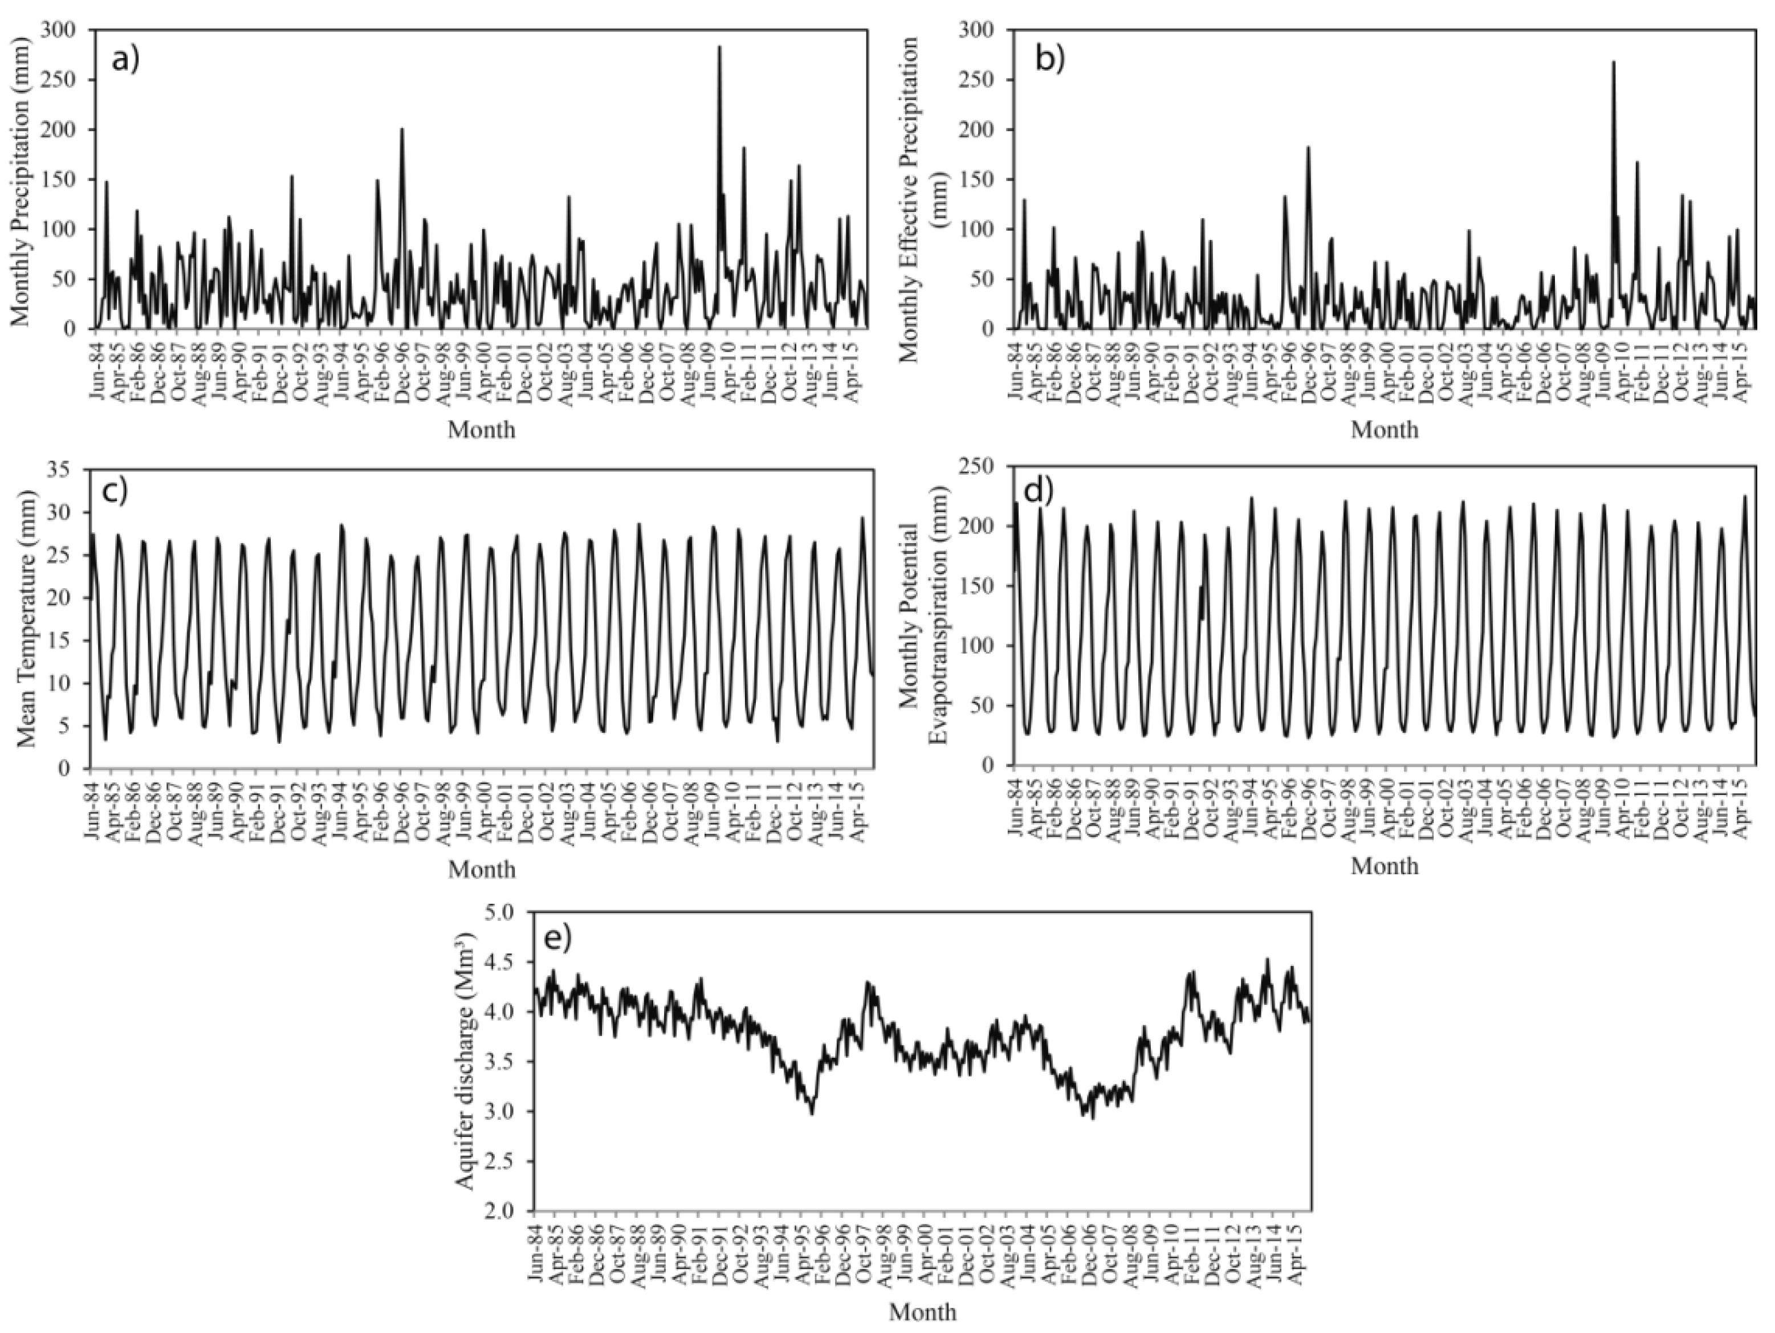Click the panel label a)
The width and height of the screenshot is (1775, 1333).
point(126,60)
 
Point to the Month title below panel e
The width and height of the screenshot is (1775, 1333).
point(923,1311)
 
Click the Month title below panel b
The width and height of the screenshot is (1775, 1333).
point(1384,430)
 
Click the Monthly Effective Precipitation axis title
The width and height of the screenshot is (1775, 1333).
point(923,181)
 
